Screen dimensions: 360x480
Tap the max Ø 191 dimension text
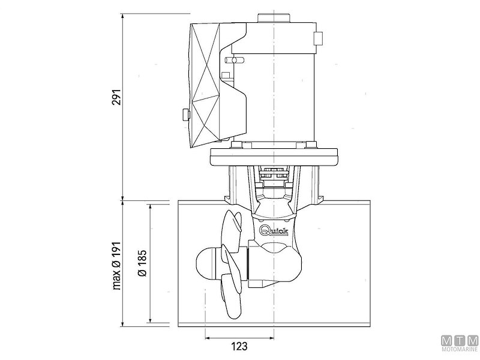coord(116,265)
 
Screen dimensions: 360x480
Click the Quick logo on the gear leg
coord(275,231)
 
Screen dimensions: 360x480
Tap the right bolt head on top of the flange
coord(312,144)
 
